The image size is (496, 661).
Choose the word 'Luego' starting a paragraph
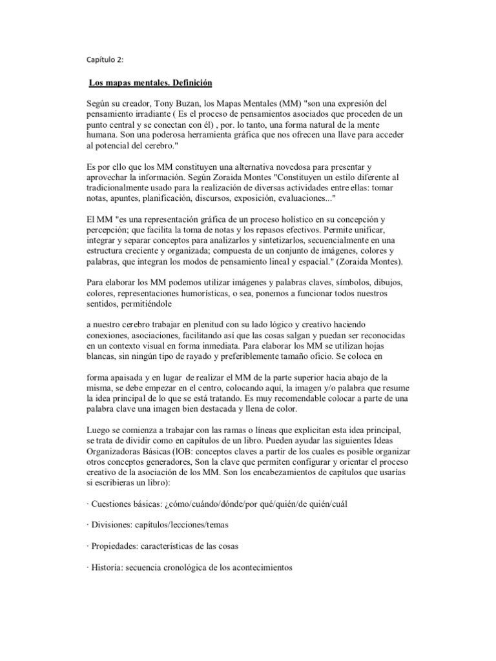99,429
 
